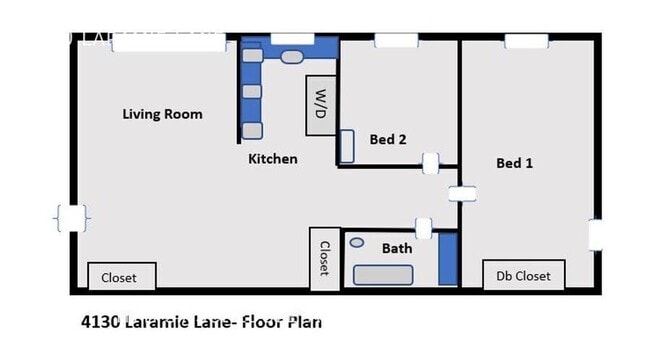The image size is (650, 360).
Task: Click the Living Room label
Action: tap(162, 114)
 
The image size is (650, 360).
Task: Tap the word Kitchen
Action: tap(273, 158)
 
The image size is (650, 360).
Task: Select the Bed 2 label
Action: tap(388, 140)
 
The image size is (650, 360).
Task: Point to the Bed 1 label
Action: tap(514, 163)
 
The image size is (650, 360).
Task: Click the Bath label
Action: tap(396, 247)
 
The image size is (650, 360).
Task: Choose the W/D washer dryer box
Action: tap(320, 105)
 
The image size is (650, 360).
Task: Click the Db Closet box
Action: tap(524, 275)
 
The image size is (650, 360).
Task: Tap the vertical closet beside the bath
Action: tap(323, 256)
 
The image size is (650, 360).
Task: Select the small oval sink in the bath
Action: tap(357, 242)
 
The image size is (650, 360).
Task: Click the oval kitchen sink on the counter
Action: tap(290, 58)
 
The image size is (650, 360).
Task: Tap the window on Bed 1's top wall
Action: tap(526, 41)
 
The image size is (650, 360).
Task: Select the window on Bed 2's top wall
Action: tap(389, 41)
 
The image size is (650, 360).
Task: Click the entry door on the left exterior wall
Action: tap(71, 218)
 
